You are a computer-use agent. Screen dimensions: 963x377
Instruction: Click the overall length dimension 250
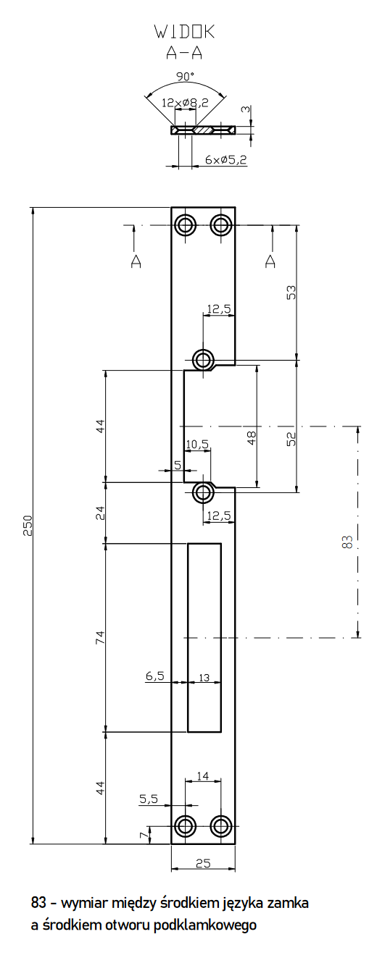tap(28, 526)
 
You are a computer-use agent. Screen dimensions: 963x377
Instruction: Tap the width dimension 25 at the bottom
tap(203, 863)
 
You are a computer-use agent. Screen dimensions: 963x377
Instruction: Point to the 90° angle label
tap(185, 76)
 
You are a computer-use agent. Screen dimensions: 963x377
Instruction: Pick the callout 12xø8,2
tap(185, 103)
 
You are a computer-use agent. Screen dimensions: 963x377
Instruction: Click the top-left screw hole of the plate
tap(186, 224)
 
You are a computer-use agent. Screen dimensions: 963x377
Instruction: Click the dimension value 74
tap(101, 637)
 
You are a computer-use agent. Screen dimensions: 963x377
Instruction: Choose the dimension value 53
tap(291, 293)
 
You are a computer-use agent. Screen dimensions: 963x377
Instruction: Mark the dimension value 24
tap(101, 513)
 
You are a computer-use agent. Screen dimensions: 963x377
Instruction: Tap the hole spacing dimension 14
tap(203, 775)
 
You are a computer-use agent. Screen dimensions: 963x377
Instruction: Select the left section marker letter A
tap(136, 261)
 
